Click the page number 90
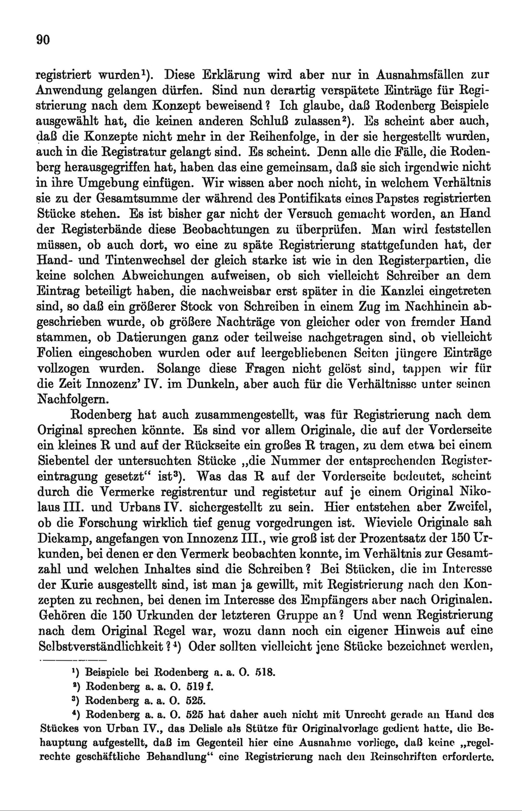43,39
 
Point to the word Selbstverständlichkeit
101,647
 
